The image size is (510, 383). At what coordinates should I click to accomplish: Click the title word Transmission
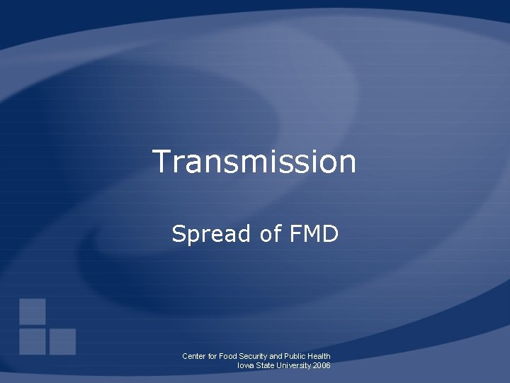(254, 161)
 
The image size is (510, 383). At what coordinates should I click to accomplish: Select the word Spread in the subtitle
(207, 233)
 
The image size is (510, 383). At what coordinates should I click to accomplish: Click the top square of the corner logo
(33, 311)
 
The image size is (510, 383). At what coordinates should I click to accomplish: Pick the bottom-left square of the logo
(33, 341)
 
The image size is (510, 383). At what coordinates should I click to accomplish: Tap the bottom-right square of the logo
(62, 341)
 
